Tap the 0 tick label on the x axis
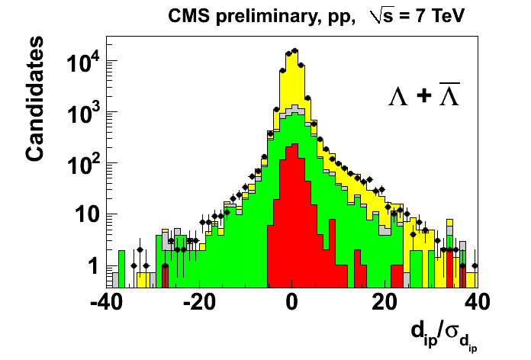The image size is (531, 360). [x=292, y=301]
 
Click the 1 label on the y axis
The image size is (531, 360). [x=92, y=265]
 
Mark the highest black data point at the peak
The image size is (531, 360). [x=295, y=50]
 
